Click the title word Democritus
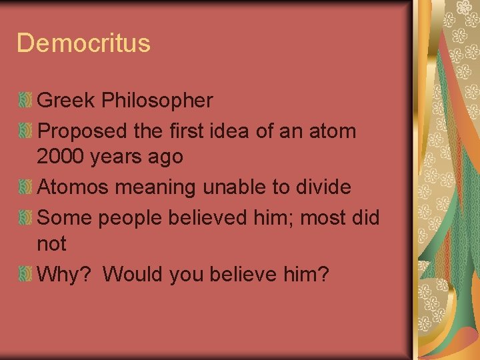(83, 43)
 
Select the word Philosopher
(157, 101)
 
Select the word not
(51, 244)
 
